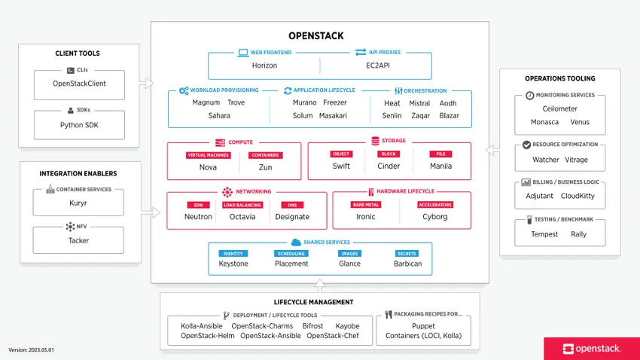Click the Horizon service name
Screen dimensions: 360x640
tap(264, 66)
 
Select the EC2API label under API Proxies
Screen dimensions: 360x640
tap(376, 66)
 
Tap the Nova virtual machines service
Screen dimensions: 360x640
tap(208, 166)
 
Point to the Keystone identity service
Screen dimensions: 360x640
tap(233, 264)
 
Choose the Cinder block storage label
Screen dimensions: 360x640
tap(389, 166)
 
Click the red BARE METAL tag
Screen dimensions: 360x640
tap(366, 204)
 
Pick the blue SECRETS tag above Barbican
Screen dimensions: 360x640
tap(407, 254)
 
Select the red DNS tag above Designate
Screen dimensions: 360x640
tap(291, 204)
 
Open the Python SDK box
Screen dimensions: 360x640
tap(78, 125)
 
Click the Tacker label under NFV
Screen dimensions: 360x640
tap(78, 241)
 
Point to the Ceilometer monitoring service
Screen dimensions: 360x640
tap(559, 108)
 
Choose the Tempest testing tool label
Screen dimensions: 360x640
tap(544, 234)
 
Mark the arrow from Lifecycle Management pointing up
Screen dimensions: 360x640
tap(320, 287)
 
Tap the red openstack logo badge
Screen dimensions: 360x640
tap(591, 348)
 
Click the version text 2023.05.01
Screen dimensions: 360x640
tap(32, 350)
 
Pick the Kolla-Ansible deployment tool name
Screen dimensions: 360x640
tap(203, 326)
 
